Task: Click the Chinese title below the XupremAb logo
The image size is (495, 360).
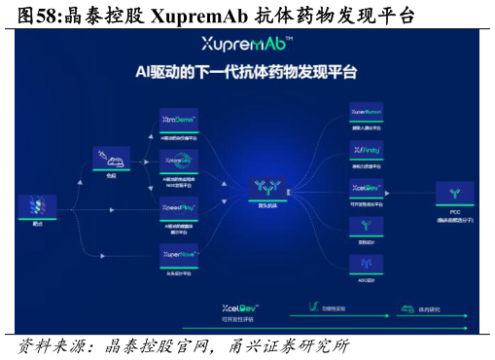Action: [246, 72]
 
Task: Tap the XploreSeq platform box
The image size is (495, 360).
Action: [179, 162]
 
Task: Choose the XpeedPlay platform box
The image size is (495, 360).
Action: [179, 207]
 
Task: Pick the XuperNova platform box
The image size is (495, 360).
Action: [179, 254]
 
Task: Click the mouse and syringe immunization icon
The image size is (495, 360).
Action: [111, 157]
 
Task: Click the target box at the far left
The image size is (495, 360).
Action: [37, 206]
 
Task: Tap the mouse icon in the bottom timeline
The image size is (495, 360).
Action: [406, 307]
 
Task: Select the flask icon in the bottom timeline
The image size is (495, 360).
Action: [313, 306]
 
